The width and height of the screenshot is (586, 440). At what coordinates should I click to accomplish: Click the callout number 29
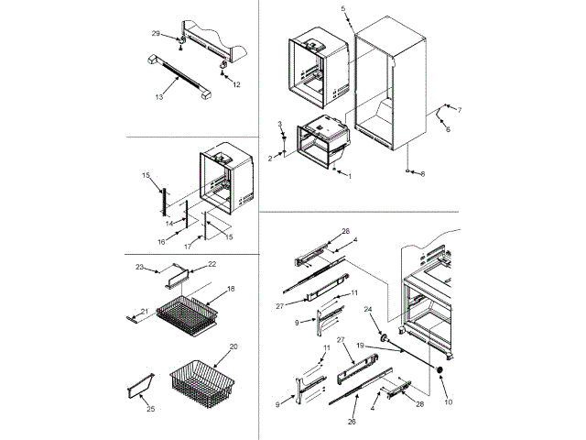pyautogui.click(x=156, y=33)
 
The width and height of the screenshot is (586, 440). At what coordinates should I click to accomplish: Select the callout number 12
pyautogui.click(x=236, y=84)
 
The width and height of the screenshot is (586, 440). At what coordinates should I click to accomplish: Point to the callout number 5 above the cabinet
pyautogui.click(x=343, y=8)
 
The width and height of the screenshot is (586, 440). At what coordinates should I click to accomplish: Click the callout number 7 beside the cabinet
pyautogui.click(x=459, y=110)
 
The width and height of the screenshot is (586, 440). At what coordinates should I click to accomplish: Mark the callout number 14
pyautogui.click(x=168, y=223)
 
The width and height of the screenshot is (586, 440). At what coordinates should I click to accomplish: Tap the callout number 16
pyautogui.click(x=161, y=243)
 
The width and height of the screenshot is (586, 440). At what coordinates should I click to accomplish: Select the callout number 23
pyautogui.click(x=140, y=267)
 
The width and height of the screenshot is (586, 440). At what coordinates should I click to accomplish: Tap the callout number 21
pyautogui.click(x=145, y=312)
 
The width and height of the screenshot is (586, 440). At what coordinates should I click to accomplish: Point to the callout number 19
pyautogui.click(x=362, y=344)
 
